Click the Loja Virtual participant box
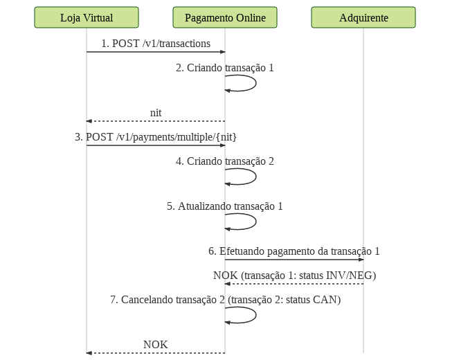tap(87, 17)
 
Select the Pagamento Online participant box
tap(225, 17)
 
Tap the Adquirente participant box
tap(363, 17)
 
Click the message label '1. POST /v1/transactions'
tap(156, 44)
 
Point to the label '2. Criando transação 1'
tap(225, 68)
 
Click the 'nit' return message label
tap(156, 113)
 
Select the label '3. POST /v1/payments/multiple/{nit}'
tap(156, 137)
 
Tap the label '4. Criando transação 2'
tap(225, 161)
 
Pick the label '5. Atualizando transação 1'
tap(225, 206)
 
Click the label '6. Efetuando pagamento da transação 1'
tap(294, 251)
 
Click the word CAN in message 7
tap(325, 300)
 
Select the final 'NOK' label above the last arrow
tap(156, 345)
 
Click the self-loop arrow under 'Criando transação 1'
tap(255, 83)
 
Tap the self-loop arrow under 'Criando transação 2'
tap(255, 177)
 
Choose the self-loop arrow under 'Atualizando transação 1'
tap(255, 222)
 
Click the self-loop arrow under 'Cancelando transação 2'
tap(255, 315)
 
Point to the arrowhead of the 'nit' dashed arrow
tap(89, 121)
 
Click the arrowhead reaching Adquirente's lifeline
tap(361, 260)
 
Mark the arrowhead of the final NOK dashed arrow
tap(89, 353)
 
